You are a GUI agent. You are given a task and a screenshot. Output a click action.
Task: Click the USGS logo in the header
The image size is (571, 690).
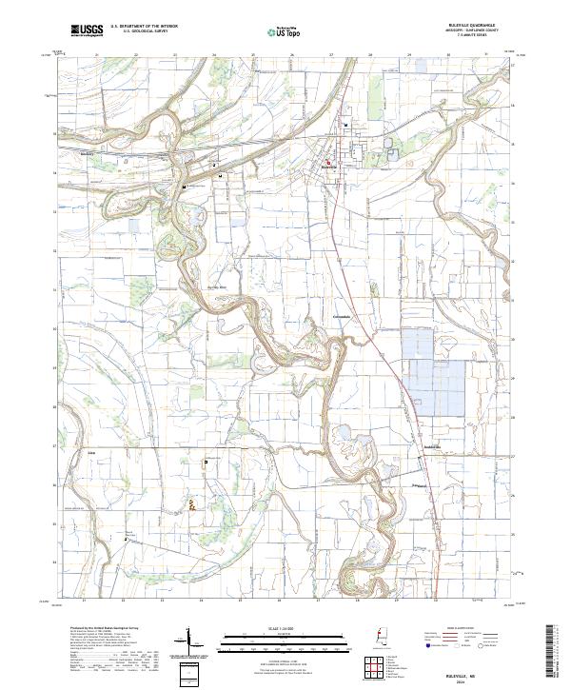[87, 31]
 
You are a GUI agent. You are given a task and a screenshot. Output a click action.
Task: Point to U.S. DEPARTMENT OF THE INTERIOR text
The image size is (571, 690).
[144, 27]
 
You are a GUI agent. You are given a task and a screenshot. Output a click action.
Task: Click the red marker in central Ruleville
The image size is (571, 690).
[327, 163]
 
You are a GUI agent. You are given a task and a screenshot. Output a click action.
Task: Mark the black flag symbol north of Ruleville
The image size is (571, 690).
[346, 125]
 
